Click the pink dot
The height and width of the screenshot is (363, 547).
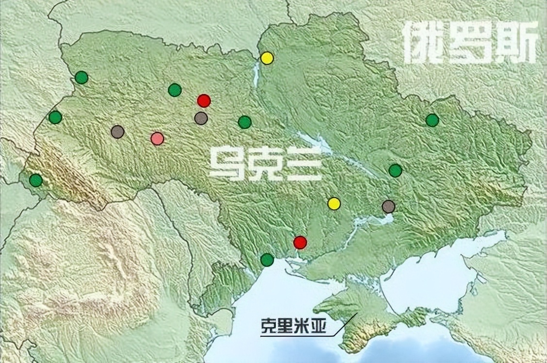coord(157,139)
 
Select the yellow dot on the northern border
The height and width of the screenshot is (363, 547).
coord(267,58)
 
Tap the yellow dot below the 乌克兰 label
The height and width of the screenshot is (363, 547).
coord(334,203)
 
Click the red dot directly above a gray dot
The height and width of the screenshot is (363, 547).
coord(204,100)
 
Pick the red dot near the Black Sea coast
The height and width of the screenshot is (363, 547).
coord(300,242)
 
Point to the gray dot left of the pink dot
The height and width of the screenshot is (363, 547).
coord(118,132)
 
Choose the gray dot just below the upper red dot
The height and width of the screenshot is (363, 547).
coord(201,118)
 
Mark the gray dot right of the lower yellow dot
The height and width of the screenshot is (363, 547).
coord(388,206)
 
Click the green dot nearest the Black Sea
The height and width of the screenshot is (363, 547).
coord(267,260)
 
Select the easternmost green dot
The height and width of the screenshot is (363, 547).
coord(432,120)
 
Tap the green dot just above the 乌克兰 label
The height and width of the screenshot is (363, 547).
coord(245,122)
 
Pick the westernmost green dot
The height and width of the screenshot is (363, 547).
coord(36,181)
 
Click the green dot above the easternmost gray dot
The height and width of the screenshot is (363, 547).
coord(395,170)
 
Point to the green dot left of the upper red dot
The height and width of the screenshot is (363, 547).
coord(175,90)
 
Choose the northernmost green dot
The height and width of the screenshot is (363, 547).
coord(82,77)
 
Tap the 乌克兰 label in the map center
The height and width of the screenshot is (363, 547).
coord(265,164)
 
